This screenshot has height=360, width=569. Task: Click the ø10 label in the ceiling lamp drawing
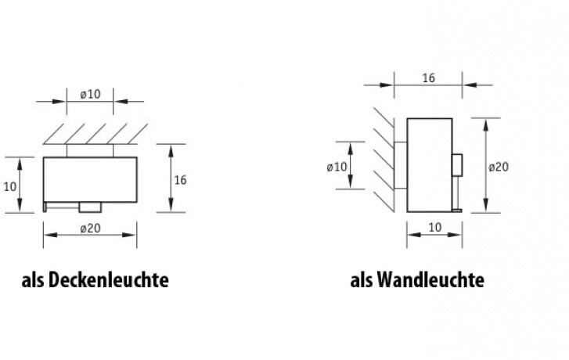[x=90, y=94]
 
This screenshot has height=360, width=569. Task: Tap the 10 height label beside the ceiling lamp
[x=9, y=185]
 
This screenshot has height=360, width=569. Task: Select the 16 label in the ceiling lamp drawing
[x=180, y=180]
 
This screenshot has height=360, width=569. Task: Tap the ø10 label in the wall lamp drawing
[x=337, y=166]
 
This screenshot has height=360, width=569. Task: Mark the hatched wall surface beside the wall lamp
[x=384, y=157]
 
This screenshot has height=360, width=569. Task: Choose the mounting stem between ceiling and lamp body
[x=90, y=150]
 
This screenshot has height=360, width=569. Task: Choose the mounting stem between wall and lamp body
[x=401, y=166]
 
